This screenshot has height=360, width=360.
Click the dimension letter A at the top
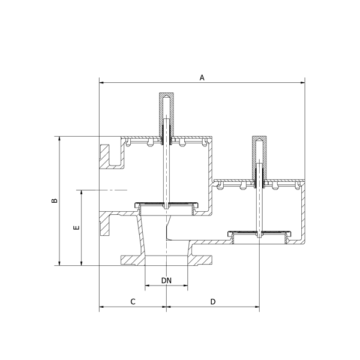[202, 77]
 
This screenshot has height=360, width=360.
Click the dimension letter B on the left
[55, 200]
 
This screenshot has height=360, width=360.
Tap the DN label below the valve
[166, 280]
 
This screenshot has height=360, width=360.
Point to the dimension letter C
[133, 301]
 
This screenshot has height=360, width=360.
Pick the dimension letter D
[213, 301]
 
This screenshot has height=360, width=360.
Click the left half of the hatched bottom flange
[133, 260]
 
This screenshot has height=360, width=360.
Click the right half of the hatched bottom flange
[200, 260]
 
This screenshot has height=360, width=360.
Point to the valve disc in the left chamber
[166, 205]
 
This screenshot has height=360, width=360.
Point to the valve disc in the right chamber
[259, 233]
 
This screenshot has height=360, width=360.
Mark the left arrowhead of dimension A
[101, 82]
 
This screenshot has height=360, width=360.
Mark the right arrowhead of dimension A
[302, 82]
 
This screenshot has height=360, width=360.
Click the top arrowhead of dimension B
[59, 139]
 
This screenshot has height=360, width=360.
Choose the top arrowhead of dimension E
[81, 193]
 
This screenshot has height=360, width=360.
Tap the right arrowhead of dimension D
[257, 307]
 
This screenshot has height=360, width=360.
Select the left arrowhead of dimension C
[101, 307]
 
